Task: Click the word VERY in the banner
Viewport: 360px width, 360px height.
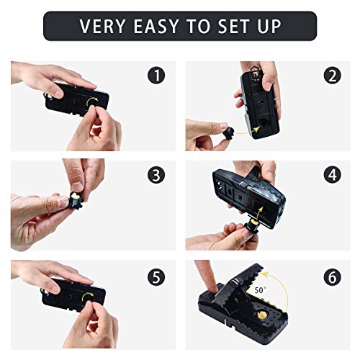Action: tap(102, 26)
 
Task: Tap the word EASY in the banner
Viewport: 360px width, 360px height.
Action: tap(156, 26)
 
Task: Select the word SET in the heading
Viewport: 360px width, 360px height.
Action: tap(233, 26)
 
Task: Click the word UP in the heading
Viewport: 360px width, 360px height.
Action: tap(269, 26)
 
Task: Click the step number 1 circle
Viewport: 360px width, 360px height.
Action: tap(156, 76)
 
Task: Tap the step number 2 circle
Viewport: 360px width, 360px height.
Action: tap(333, 76)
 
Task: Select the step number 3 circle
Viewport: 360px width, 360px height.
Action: tap(156, 175)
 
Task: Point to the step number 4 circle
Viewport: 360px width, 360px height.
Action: tap(333, 175)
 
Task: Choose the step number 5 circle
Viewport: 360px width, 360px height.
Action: tap(156, 277)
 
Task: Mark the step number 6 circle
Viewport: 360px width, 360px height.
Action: tap(333, 277)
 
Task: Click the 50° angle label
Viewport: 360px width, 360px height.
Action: tap(259, 290)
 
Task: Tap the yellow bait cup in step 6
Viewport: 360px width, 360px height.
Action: tap(262, 315)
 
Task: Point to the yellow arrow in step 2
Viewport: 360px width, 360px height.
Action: tap(247, 131)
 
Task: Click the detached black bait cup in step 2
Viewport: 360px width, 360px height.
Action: tap(228, 134)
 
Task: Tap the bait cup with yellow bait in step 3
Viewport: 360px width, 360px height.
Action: tap(76, 199)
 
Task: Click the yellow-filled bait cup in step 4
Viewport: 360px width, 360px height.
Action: tap(251, 226)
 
